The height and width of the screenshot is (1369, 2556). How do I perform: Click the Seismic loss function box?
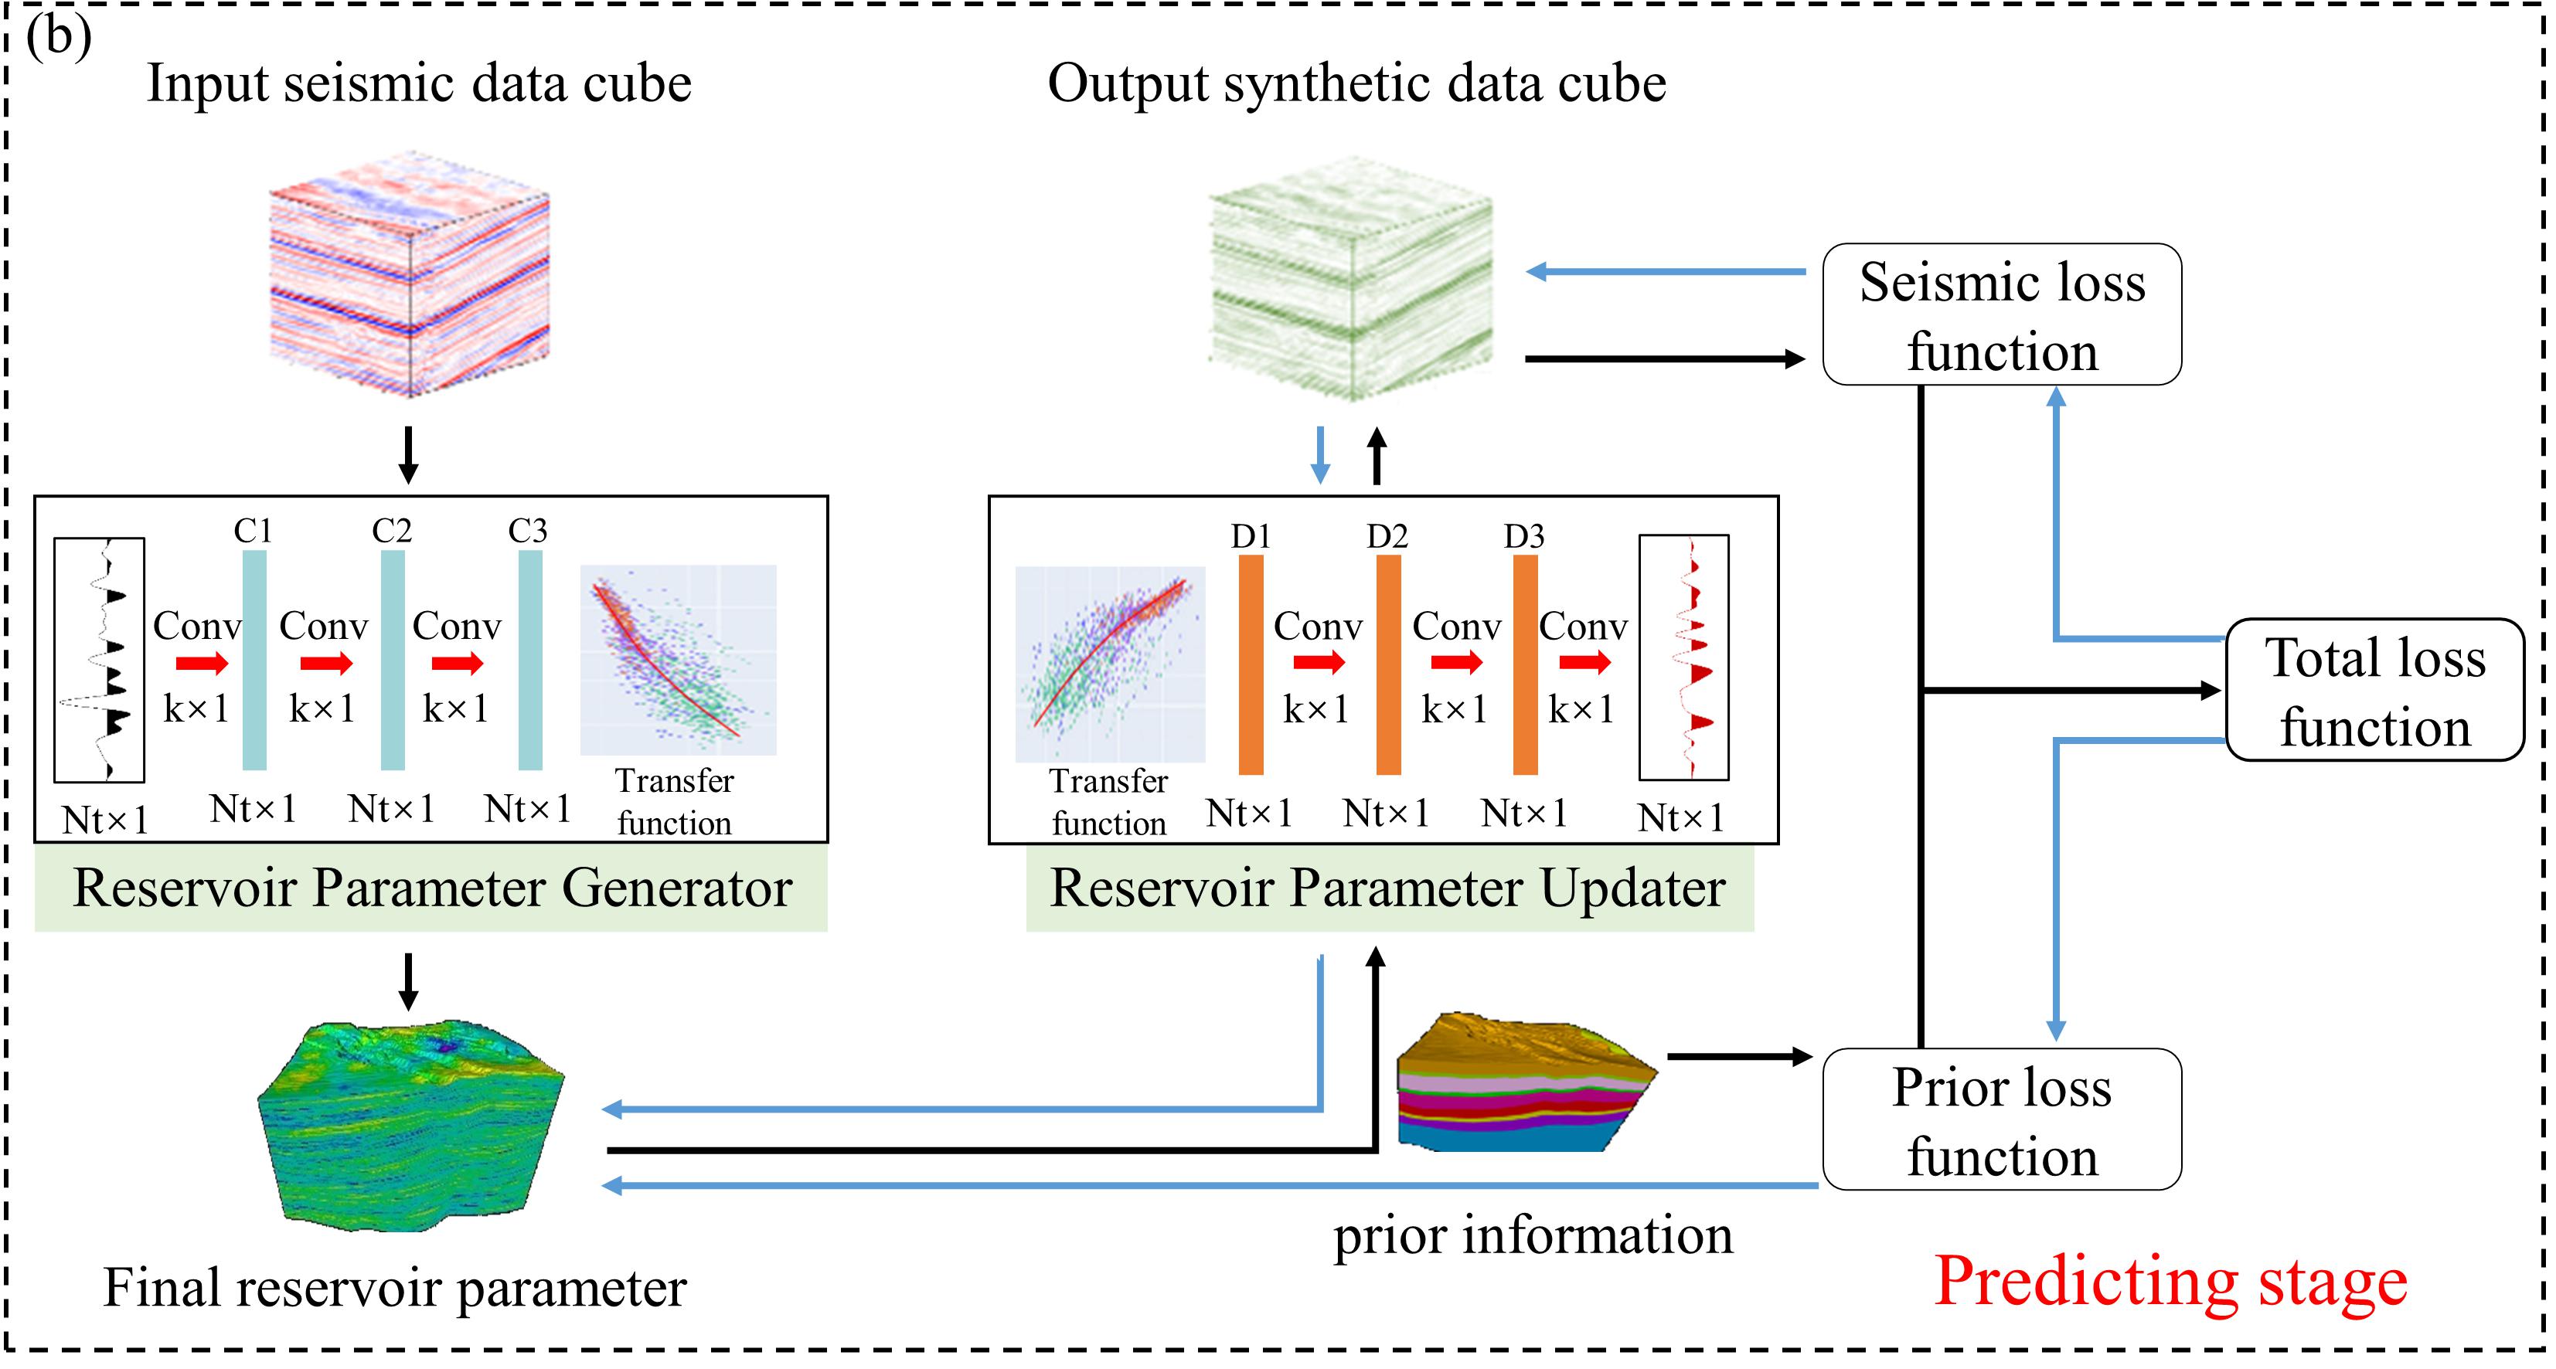(x=2001, y=314)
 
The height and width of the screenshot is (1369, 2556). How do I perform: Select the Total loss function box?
(x=2374, y=691)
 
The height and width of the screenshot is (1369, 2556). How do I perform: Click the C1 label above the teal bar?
(x=253, y=531)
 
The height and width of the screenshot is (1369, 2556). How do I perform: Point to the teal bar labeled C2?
(x=393, y=660)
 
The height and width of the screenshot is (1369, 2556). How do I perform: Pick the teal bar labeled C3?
(x=531, y=660)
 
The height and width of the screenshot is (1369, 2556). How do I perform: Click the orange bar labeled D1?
(x=1251, y=664)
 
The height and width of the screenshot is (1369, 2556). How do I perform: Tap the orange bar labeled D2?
(x=1388, y=664)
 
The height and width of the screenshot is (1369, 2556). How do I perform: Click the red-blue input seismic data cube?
(x=410, y=276)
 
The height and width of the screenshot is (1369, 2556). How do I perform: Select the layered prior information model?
(x=1523, y=1083)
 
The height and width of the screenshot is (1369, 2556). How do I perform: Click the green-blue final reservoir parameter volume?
(x=410, y=1126)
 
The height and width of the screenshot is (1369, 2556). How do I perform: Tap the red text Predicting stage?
(x=2170, y=1281)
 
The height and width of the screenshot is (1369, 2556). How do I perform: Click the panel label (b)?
(x=59, y=38)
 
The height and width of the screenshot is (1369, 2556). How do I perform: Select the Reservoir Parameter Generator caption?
(x=431, y=888)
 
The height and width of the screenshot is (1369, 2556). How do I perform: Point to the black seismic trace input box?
(x=99, y=660)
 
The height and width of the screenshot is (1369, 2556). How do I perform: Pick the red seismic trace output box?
(x=1684, y=657)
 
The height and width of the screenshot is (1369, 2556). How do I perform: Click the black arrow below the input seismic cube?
(x=408, y=455)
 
